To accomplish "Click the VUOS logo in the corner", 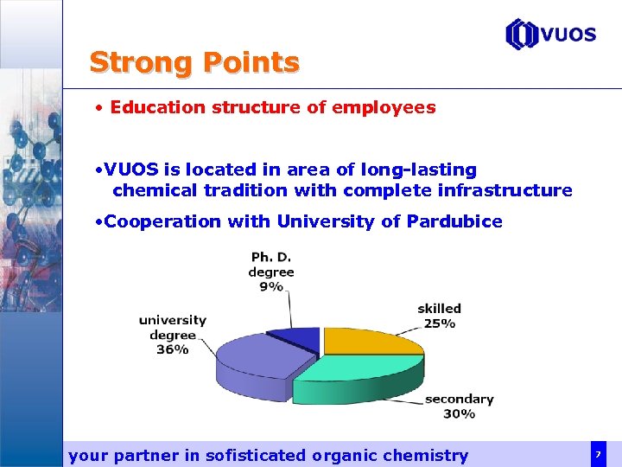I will point(550,35).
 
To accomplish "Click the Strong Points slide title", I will point(194,62).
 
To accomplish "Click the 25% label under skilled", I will point(439,323).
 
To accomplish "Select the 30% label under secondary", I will point(459,414).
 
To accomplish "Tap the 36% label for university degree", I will point(172,349).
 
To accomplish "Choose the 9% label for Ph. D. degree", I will point(270,286).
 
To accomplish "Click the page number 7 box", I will point(597,454).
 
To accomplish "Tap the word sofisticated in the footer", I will point(256,455).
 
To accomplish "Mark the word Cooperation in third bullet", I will point(163,221).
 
